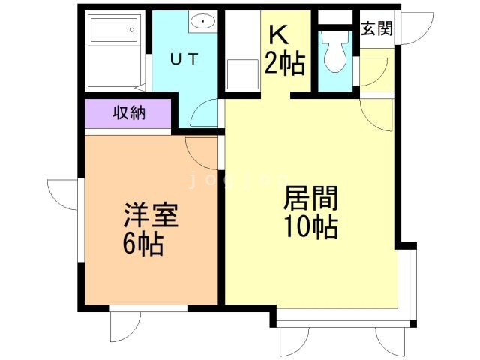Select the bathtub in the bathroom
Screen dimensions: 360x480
pyautogui.click(x=113, y=50)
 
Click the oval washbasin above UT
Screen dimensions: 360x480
pyautogui.click(x=202, y=22)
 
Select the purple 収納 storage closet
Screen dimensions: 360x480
pyautogui.click(x=128, y=114)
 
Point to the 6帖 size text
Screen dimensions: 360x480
pyautogui.click(x=142, y=244)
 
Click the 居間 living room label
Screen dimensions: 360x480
pyautogui.click(x=310, y=199)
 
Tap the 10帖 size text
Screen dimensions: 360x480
pyautogui.click(x=310, y=226)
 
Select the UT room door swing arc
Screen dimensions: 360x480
pyautogui.click(x=202, y=115)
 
